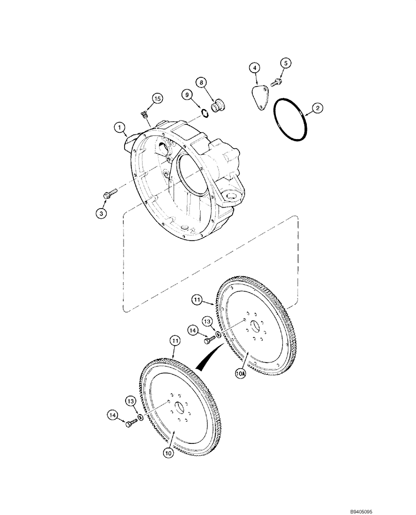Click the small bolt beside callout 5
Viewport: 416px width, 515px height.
[x=279, y=80]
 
